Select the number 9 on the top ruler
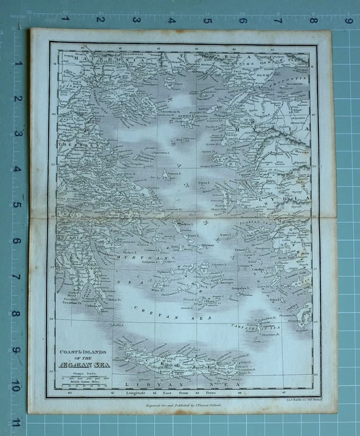click(x=347, y=20)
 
